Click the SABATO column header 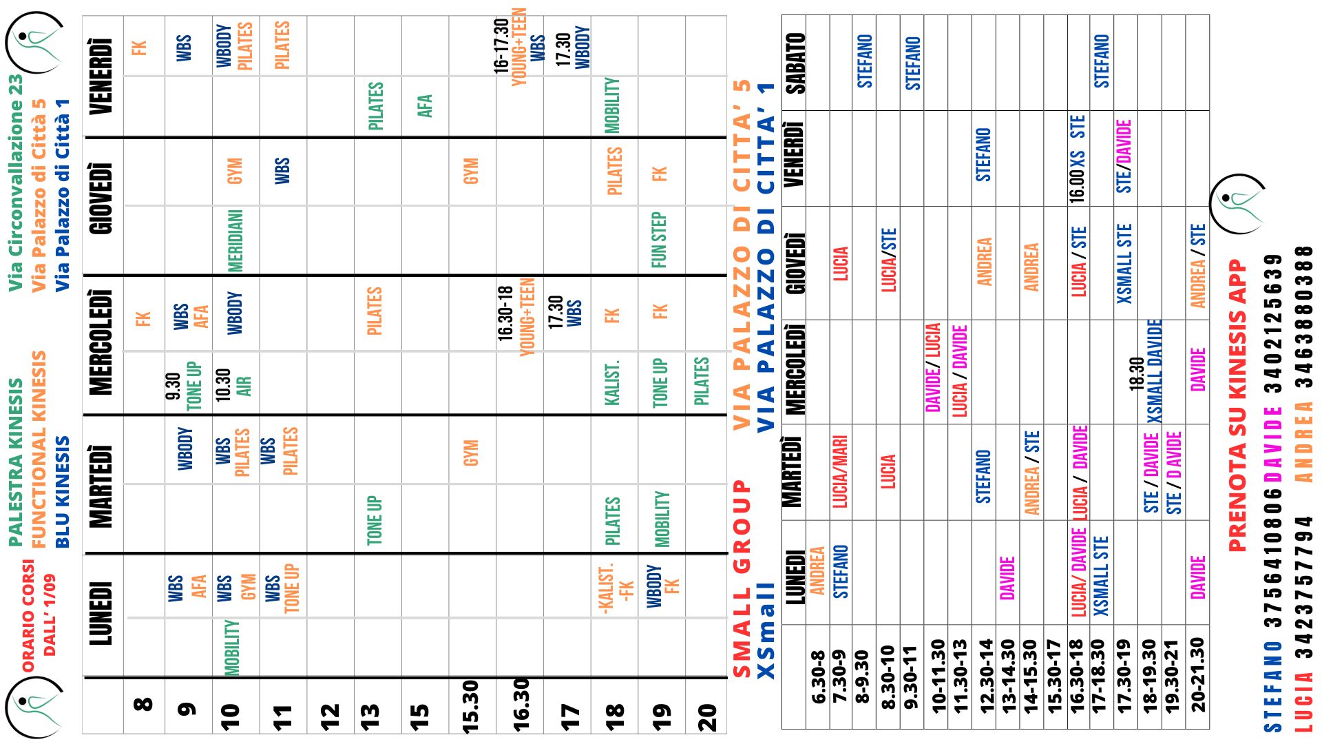(795, 63)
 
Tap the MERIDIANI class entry (235, 240)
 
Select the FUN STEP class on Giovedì (659, 240)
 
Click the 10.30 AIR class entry (234, 382)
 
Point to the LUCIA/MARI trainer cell (840, 472)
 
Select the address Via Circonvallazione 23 (15, 183)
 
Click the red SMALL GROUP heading (741, 579)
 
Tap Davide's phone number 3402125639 (1274, 323)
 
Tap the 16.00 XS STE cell (1078, 158)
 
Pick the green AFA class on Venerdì (425, 106)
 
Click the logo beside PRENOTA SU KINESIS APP (1237, 203)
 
